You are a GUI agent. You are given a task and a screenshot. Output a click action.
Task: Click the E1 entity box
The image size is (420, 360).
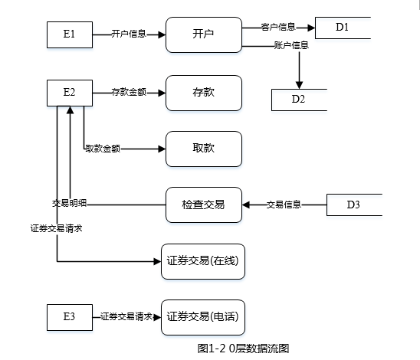point(70,34)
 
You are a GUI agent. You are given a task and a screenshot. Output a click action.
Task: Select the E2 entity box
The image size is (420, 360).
point(70,93)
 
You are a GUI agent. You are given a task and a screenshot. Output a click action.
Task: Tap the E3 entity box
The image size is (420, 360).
point(70,317)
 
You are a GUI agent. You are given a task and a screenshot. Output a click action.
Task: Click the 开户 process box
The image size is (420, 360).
point(204,34)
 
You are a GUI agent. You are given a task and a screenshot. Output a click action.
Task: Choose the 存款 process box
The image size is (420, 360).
point(204,93)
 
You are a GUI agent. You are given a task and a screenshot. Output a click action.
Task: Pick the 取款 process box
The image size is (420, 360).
point(204,149)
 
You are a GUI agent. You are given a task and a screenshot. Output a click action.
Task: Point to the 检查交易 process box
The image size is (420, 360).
point(204,205)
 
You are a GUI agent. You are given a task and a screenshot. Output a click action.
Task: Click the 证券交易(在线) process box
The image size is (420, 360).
point(203,261)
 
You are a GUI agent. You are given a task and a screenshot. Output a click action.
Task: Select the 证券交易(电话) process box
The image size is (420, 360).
point(203,317)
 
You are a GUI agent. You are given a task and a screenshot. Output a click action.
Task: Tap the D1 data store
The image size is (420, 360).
point(343,28)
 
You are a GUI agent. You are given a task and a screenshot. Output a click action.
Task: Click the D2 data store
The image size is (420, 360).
point(299,100)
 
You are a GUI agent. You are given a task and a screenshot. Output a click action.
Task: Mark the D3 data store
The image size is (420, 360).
point(354,205)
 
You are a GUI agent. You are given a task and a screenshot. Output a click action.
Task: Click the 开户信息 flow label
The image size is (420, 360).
point(129,34)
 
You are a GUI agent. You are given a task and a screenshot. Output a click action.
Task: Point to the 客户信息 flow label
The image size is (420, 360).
point(278,27)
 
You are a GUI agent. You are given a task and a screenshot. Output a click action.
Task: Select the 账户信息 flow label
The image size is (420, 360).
point(291,45)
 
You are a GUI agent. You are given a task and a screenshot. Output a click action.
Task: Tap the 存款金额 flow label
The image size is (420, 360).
point(129,92)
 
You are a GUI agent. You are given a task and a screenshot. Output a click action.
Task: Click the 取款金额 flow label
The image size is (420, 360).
point(103,149)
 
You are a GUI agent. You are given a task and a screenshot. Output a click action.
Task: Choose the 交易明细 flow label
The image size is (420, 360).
point(70,203)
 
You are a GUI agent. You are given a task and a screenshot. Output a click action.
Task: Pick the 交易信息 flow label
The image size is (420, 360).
point(284,205)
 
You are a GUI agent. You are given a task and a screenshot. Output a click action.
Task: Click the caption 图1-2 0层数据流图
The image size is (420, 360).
point(243,349)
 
